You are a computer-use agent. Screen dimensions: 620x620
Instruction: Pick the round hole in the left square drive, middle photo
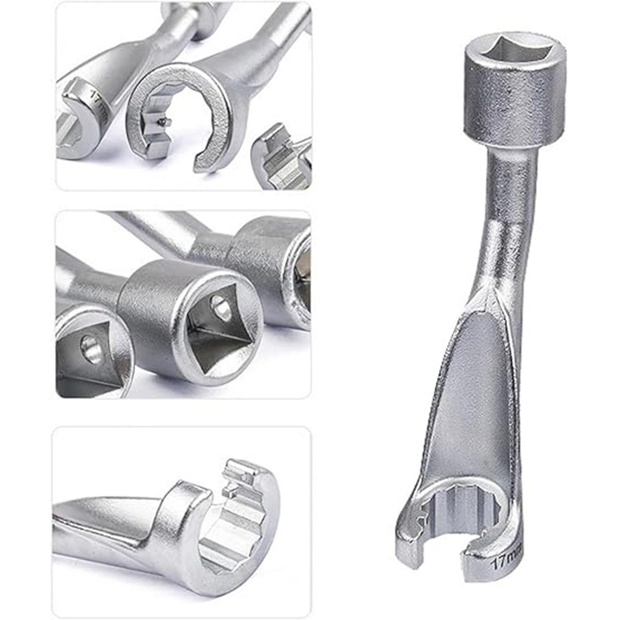(x=89, y=345)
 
